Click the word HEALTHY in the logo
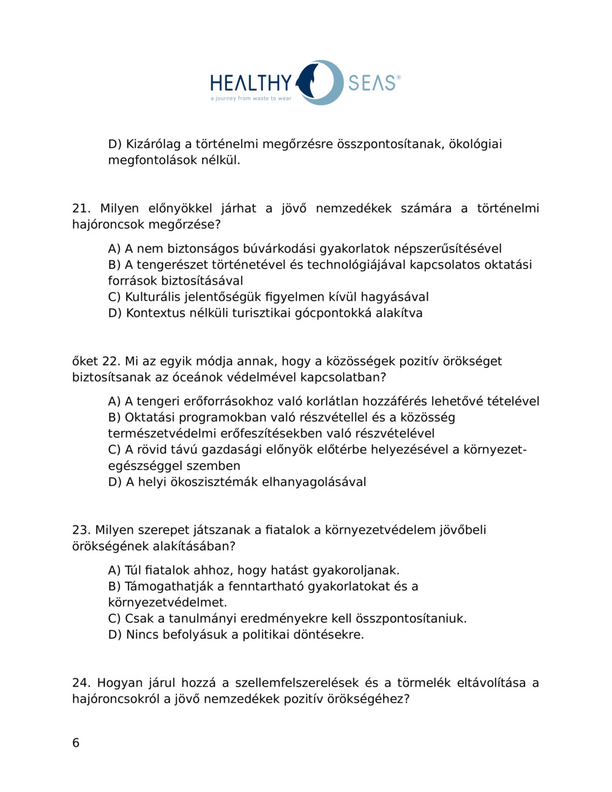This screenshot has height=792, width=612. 251,83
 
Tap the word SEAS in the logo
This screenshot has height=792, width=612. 371,83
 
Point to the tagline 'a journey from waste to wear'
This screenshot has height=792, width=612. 251,99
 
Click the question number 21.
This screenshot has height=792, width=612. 81,209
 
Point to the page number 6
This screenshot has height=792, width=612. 76,743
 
